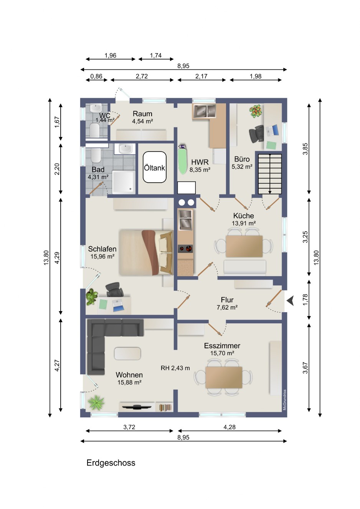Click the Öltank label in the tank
click(154, 168)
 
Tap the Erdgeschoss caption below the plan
click(111, 463)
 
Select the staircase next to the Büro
click(270, 174)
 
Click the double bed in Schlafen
click(146, 252)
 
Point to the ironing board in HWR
click(183, 159)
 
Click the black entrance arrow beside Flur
click(290, 301)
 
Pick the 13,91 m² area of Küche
click(244, 223)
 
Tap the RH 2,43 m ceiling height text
click(175, 368)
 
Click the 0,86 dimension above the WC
click(96, 76)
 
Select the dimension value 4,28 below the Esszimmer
click(230, 427)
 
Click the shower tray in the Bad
click(124, 182)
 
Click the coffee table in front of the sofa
click(127, 354)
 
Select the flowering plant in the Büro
click(256, 111)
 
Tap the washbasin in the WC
click(95, 108)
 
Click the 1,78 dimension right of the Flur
click(305, 300)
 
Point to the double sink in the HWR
click(204, 111)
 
